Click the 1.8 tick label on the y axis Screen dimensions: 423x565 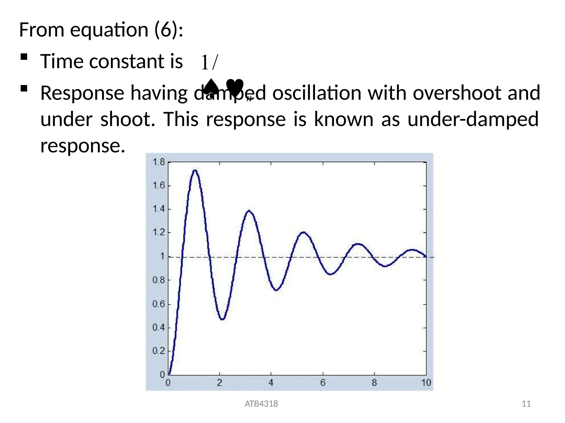[x=158, y=162]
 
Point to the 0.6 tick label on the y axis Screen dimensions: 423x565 [x=158, y=304]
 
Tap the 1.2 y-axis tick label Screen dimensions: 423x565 [x=158, y=232]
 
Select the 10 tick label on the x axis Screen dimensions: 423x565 [x=426, y=383]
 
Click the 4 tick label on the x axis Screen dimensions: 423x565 [x=271, y=383]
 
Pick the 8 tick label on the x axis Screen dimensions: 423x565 [x=374, y=383]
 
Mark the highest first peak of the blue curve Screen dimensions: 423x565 [x=195, y=170]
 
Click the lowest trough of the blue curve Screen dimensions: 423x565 [x=222, y=319]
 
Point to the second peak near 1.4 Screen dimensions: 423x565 [x=249, y=211]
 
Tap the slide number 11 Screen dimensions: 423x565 [x=526, y=404]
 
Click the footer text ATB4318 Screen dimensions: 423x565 [x=261, y=404]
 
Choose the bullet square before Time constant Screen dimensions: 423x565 [x=24, y=57]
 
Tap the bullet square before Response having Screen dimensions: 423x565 [x=24, y=89]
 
